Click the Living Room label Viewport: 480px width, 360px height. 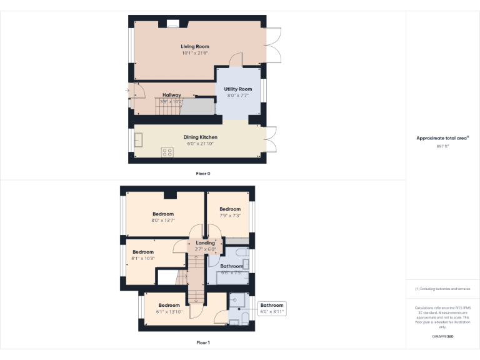click(x=194, y=46)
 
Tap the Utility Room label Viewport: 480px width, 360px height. click(x=237, y=89)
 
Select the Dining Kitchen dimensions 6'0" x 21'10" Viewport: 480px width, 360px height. click(x=200, y=144)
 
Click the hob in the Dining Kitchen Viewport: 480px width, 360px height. click(x=167, y=152)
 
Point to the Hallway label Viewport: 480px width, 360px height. click(x=171, y=95)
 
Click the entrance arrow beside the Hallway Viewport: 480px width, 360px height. click(x=127, y=91)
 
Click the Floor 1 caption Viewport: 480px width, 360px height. click(x=203, y=342)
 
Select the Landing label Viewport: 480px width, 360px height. click(x=205, y=242)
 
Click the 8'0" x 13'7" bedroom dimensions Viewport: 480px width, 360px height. click(x=162, y=220)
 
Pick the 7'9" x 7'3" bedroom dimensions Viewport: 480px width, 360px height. click(x=230, y=215)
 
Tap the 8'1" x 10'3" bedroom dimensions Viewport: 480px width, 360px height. click(x=142, y=258)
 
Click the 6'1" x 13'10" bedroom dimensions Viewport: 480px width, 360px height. click(x=168, y=311)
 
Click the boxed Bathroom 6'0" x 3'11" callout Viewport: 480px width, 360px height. click(x=272, y=308)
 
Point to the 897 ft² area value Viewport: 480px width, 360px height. click(x=442, y=146)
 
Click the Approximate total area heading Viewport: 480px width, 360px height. click(x=442, y=138)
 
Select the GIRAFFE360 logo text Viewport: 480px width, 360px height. click(x=442, y=336)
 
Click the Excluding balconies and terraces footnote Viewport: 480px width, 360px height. click(x=442, y=289)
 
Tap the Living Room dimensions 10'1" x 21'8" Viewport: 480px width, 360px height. click(x=194, y=53)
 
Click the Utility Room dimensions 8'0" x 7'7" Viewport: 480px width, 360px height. click(x=237, y=96)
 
